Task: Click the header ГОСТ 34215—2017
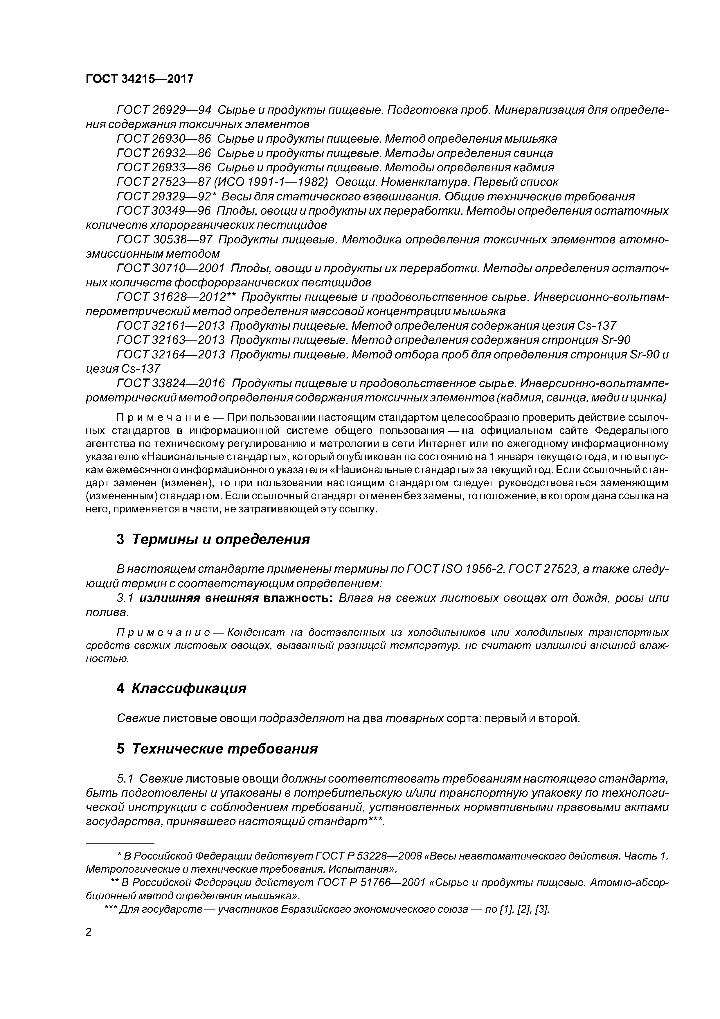click(x=139, y=79)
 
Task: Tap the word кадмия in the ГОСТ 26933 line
click(x=533, y=168)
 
